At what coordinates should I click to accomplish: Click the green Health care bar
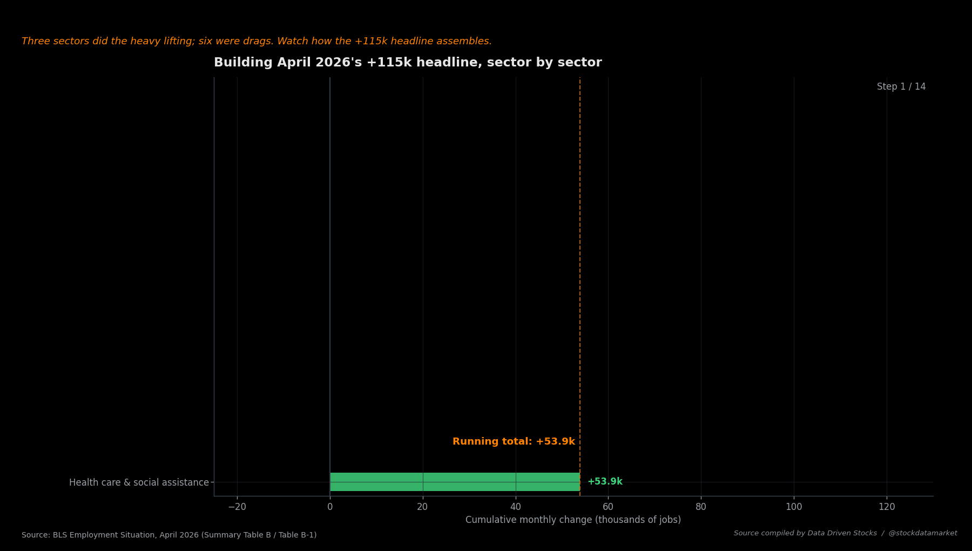click(455, 482)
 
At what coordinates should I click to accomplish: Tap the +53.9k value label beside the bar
click(605, 482)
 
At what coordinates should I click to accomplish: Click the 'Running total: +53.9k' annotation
click(514, 442)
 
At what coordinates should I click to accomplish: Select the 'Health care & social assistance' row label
click(139, 482)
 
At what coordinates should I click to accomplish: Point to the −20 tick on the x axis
click(237, 507)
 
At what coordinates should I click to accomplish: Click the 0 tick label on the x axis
click(330, 507)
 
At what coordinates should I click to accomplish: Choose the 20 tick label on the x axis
click(423, 507)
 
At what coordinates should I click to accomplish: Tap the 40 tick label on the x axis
click(516, 507)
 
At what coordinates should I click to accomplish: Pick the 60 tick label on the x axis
click(608, 507)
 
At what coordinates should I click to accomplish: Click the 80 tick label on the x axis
click(701, 507)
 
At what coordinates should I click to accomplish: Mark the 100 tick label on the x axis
click(794, 507)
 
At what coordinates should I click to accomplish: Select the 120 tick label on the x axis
click(887, 507)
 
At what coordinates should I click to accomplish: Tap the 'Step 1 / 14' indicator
click(901, 87)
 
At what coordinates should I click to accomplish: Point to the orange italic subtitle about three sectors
click(256, 42)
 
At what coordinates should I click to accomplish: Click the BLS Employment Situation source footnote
click(169, 535)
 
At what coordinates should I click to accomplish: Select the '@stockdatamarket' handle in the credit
click(923, 533)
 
